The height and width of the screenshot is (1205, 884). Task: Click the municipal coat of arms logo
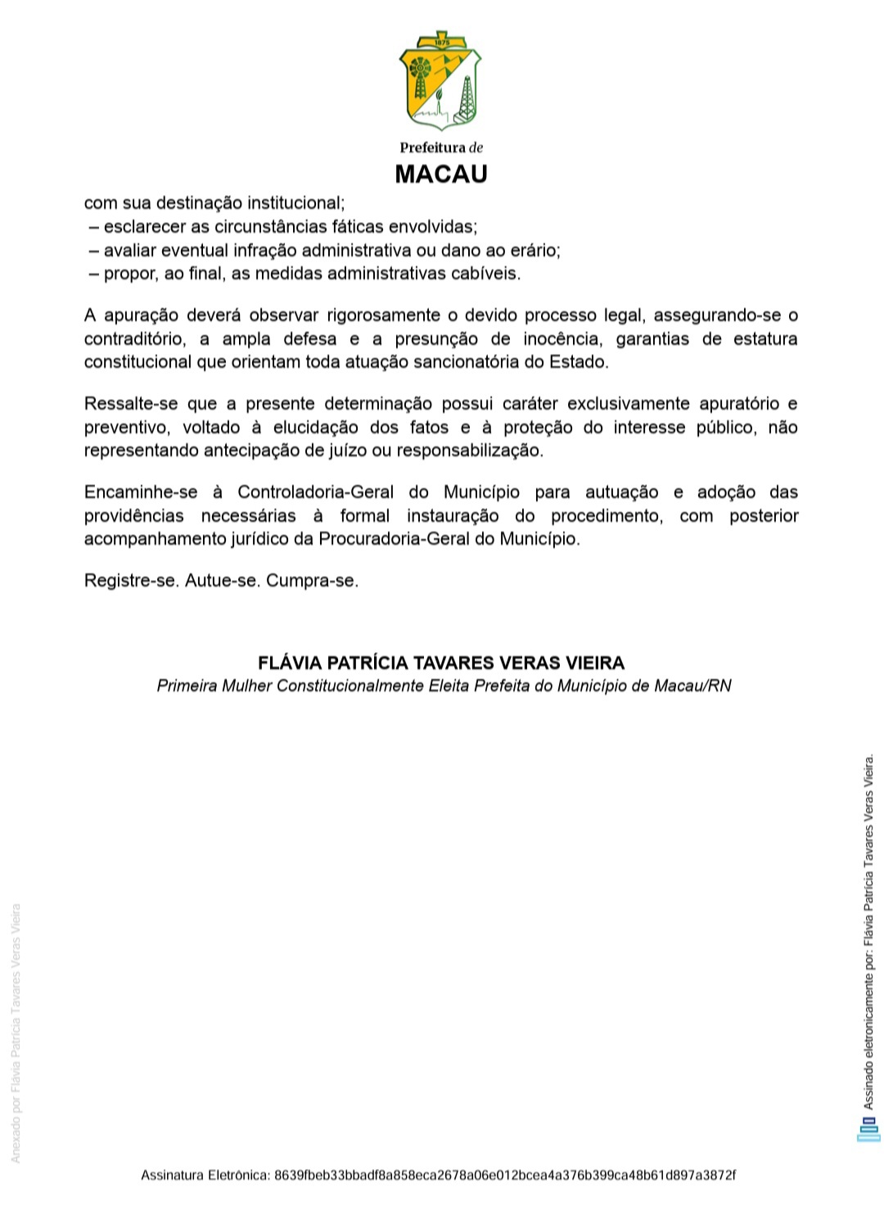[440, 83]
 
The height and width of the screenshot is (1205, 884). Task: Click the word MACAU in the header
[441, 174]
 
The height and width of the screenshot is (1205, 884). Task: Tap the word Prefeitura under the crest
[431, 147]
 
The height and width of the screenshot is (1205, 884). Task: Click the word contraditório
[134, 339]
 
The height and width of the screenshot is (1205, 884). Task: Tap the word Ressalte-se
[130, 404]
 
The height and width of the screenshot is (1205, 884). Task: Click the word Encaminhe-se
[141, 492]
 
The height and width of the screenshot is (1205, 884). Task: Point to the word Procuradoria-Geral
[395, 539]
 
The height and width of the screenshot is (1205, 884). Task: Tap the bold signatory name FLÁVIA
[290, 663]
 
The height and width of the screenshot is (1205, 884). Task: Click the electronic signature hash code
[504, 1176]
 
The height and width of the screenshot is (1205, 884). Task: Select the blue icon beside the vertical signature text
[868, 1130]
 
